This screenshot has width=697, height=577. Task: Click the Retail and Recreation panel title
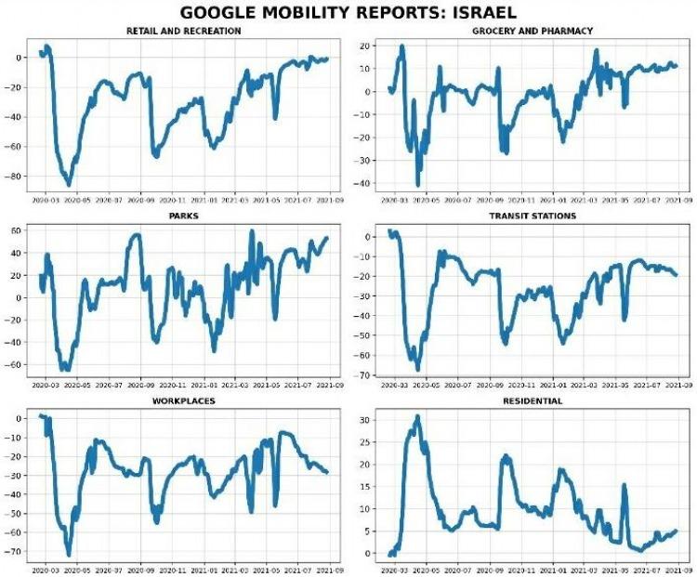184,32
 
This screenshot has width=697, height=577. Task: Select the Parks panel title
184,216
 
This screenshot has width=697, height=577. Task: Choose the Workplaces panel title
184,400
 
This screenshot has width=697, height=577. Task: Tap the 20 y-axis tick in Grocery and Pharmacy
367,46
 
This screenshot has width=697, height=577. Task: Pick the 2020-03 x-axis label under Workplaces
44,566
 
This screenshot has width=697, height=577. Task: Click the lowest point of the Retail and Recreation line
68,184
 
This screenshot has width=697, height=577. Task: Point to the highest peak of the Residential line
417,416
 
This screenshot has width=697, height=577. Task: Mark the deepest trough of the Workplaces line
68,555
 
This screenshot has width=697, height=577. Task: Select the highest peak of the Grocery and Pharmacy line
402,46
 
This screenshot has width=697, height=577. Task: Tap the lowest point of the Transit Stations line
418,369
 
